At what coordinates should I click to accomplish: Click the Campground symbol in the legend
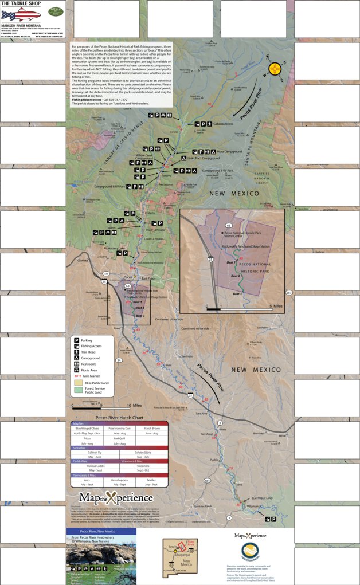tap(75, 358)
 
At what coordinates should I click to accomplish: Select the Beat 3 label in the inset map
tap(237, 294)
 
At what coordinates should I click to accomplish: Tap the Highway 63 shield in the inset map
tap(228, 226)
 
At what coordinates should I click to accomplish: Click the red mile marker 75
tap(232, 469)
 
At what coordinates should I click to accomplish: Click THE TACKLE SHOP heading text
tap(17, 4)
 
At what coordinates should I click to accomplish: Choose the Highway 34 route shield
tap(119, 360)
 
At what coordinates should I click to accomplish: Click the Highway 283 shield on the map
tap(288, 293)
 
